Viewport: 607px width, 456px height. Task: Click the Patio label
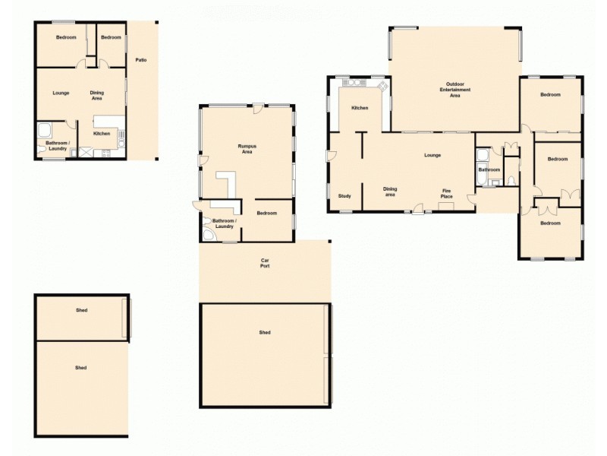tap(141, 59)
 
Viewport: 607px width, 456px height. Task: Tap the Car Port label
tap(265, 263)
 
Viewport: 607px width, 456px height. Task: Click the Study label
tap(344, 196)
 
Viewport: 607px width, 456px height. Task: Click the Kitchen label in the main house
tap(360, 108)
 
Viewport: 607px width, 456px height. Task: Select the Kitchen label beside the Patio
tap(102, 134)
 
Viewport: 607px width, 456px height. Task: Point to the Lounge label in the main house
tap(432, 156)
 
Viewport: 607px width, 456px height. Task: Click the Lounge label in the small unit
tap(61, 93)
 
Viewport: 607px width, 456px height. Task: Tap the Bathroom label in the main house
tap(489, 170)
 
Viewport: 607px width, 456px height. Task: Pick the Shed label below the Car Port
tap(265, 332)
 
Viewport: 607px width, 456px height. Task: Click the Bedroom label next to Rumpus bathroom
tap(266, 213)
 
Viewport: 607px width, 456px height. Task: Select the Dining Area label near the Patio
tap(97, 96)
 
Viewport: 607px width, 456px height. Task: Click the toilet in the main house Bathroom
tap(511, 181)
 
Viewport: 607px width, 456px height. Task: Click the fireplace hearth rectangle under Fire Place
tap(445, 205)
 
